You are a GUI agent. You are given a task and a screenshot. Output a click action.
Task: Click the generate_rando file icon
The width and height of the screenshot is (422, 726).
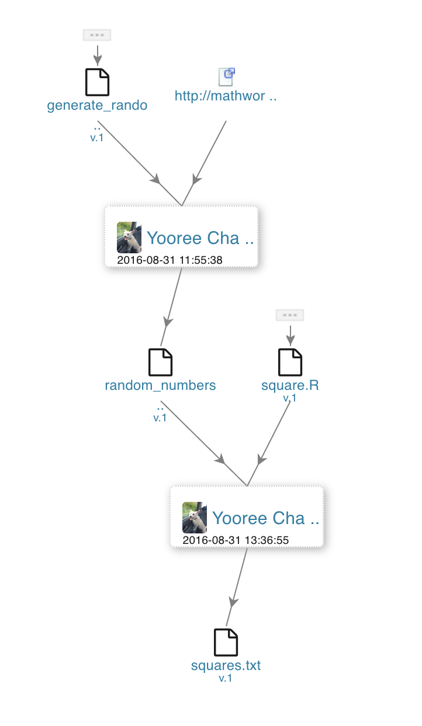click(97, 82)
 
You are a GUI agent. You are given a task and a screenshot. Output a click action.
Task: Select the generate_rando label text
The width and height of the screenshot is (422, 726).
click(97, 106)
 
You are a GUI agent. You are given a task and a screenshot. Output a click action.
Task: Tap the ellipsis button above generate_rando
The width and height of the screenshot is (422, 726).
click(97, 35)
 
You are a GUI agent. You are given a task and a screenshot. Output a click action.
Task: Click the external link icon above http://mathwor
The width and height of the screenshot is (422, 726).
click(226, 76)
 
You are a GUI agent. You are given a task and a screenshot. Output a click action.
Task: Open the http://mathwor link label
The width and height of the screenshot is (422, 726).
click(225, 96)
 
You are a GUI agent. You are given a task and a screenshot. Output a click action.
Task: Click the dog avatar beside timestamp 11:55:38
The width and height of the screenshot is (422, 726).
click(129, 237)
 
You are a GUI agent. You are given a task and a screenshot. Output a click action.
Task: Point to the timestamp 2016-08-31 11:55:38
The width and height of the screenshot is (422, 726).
click(170, 260)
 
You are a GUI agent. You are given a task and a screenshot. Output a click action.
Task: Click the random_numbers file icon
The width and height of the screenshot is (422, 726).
click(160, 362)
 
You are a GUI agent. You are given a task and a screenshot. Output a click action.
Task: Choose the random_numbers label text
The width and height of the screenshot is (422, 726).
click(160, 386)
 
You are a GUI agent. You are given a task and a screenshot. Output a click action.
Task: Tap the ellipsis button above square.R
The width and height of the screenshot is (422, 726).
click(290, 315)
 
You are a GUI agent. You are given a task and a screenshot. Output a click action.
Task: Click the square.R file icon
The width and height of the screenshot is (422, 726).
click(290, 362)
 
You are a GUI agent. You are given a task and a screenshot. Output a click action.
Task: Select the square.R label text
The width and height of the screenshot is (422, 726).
click(290, 386)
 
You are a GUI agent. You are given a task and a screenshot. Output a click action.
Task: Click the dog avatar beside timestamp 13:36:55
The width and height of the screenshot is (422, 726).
click(195, 517)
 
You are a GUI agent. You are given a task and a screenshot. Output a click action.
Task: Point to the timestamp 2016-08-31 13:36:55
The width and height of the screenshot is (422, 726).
click(236, 540)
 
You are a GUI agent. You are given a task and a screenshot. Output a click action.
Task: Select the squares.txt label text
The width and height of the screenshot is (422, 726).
click(226, 666)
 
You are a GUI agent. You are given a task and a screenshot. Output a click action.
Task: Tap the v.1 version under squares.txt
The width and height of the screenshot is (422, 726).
click(226, 678)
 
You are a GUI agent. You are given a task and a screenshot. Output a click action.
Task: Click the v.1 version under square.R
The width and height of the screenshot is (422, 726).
click(290, 398)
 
